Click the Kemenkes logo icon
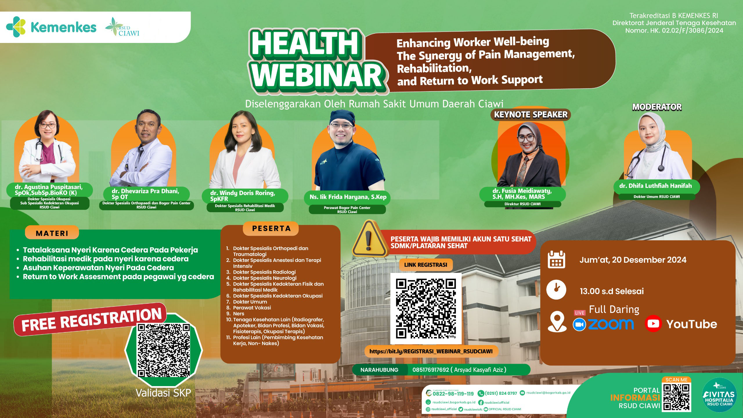(x=16, y=27)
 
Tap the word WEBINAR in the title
(x=318, y=75)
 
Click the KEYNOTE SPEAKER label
(x=531, y=115)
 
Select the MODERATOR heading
(x=657, y=107)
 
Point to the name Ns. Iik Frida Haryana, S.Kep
(x=348, y=197)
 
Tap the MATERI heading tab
(x=52, y=233)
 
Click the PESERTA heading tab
(x=271, y=229)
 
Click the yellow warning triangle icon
(x=368, y=239)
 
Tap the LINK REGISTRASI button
(x=425, y=265)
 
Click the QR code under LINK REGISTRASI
(x=425, y=309)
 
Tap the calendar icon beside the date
(x=556, y=260)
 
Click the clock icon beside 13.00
(x=556, y=289)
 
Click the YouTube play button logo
(x=653, y=324)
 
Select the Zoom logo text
(x=610, y=324)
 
